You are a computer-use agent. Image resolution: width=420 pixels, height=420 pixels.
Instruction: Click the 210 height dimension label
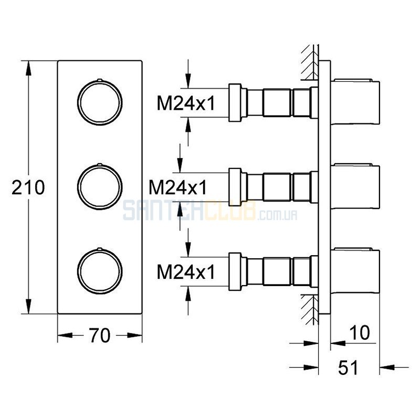tap(28, 187)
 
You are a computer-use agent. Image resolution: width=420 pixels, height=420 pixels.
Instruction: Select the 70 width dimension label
tap(100, 335)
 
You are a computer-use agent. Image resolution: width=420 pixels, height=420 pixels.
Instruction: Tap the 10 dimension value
tap(360, 333)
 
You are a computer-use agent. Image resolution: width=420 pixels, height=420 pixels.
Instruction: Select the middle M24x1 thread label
tap(178, 187)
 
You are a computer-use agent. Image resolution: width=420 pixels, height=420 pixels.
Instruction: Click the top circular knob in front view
tap(100, 80)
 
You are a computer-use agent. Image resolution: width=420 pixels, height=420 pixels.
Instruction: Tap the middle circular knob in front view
tap(100, 164)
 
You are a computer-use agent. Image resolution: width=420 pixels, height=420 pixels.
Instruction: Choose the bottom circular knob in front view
tap(100, 248)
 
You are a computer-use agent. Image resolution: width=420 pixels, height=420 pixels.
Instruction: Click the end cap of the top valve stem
tap(235, 102)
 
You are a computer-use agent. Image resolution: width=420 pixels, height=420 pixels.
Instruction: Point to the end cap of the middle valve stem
tap(235, 187)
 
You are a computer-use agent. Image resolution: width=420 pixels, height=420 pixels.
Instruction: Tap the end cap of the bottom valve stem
tap(235, 271)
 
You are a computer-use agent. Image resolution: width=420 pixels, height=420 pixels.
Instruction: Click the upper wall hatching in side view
tap(310, 62)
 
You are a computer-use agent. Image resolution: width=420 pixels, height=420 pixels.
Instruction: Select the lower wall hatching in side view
tap(310, 309)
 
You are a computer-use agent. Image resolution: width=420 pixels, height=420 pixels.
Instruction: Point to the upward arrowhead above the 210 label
tap(28, 68)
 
